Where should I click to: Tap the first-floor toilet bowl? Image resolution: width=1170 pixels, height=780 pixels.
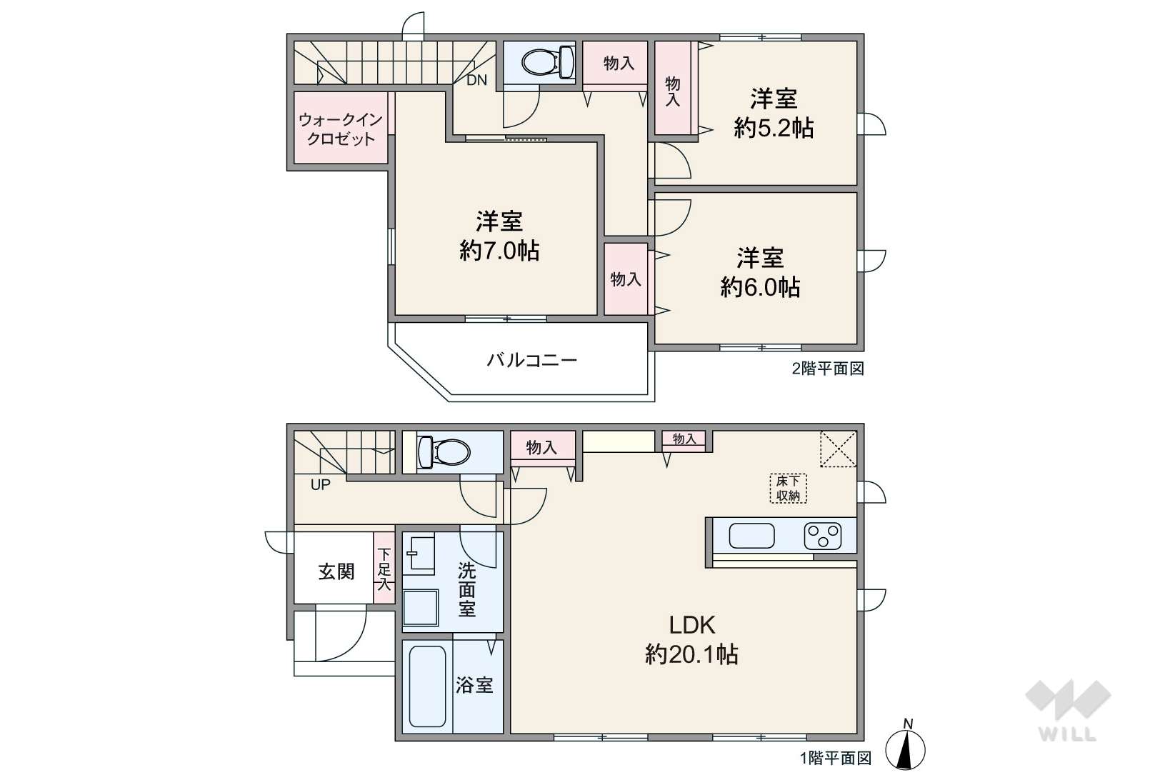pos(444,451)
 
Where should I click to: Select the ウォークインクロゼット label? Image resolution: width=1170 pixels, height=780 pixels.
pos(341,129)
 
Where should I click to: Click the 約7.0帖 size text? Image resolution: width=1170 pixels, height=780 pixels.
pos(499,251)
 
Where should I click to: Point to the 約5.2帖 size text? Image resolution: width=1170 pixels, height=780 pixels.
pos(774,128)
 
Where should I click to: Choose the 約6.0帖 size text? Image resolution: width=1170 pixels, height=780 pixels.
pos(760,287)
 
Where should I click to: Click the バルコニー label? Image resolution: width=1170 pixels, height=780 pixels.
pos(531,361)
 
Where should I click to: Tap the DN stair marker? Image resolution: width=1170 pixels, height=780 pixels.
pos(476,80)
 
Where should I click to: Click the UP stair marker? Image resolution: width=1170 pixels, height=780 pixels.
pos(321,485)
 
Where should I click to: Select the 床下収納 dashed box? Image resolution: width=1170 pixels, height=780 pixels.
pos(788,489)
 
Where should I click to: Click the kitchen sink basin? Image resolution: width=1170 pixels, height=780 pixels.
pos(751,536)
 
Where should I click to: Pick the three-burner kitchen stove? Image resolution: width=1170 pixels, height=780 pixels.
pos(823,536)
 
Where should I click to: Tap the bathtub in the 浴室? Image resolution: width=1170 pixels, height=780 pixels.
pos(427,686)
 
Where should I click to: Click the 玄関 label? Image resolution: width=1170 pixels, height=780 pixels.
pos(336,571)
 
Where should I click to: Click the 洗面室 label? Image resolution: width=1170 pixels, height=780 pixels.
pos(466,590)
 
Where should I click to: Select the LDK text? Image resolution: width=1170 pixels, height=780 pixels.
pos(691,625)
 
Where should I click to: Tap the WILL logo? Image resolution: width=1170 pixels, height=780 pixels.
pos(1068,710)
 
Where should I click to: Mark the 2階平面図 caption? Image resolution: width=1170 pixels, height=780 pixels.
pos(829,369)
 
